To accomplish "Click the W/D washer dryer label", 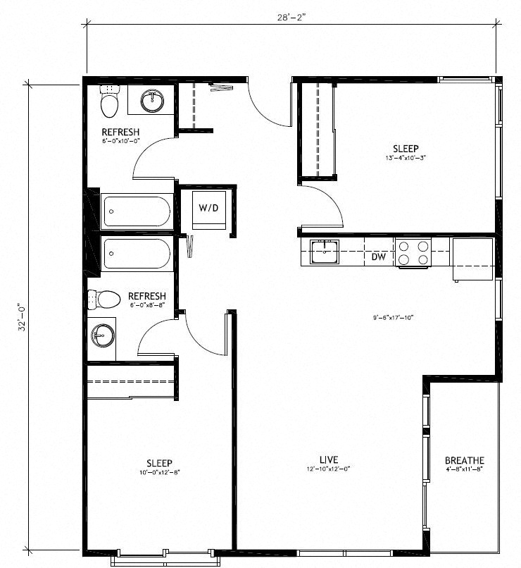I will [x=207, y=208].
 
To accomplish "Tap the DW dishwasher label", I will [x=379, y=257].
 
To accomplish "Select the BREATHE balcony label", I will [x=464, y=461].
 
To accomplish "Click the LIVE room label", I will [x=328, y=459].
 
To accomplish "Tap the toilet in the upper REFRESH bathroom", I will [x=108, y=102].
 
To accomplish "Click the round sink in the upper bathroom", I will [x=151, y=101].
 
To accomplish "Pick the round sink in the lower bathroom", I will [x=103, y=335].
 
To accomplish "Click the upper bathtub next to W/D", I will [x=137, y=211].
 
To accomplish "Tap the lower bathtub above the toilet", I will [x=137, y=254].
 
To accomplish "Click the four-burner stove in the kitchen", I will [x=413, y=253].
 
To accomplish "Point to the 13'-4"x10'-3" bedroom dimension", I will [x=406, y=159].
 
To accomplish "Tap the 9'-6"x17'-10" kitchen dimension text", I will [x=393, y=318].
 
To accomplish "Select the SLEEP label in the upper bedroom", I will [x=406, y=149].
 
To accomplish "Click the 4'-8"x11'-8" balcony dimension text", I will [x=464, y=469].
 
